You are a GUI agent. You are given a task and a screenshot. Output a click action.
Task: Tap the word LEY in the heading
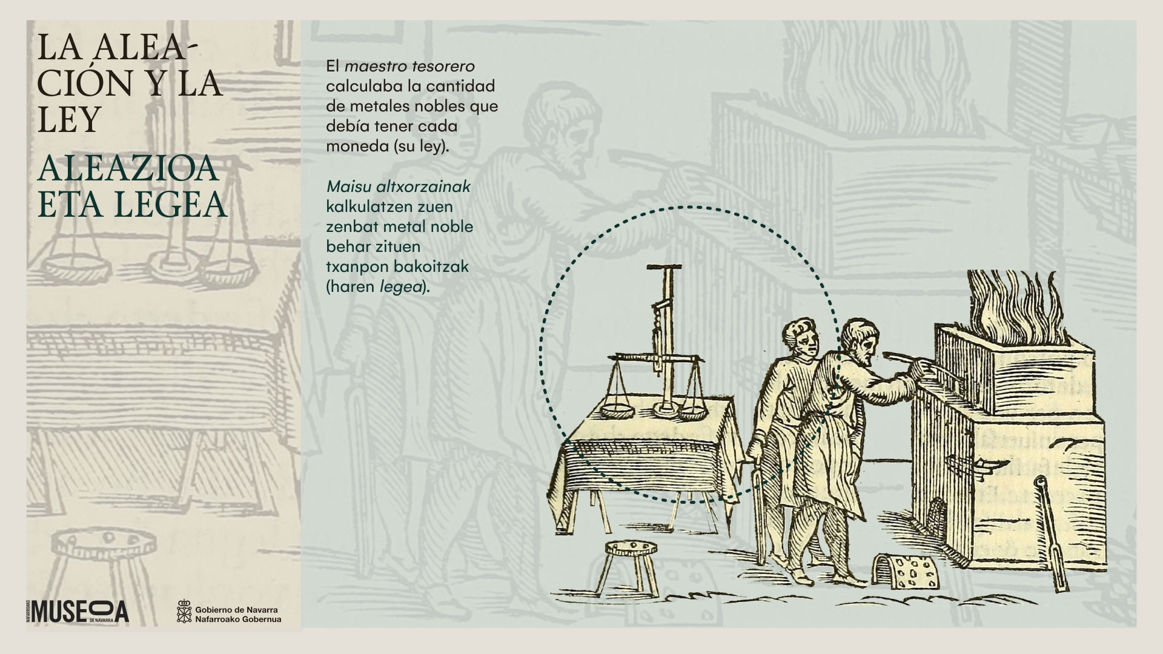tap(68, 120)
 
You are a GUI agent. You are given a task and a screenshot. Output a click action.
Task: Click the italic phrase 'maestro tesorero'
tap(409, 65)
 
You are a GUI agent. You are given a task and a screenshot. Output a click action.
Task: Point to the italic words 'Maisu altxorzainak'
tap(398, 187)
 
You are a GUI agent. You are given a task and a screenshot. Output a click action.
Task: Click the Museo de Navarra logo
tap(78, 611)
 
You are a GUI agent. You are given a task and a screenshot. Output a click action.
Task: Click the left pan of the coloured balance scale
tap(617, 411)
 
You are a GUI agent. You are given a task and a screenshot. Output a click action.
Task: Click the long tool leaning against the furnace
tap(1049, 538)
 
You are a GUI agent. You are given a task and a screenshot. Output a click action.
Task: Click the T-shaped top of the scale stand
tap(664, 267)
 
